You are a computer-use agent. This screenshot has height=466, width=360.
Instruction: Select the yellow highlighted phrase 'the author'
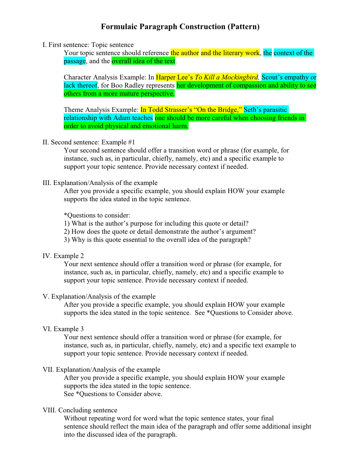pos(185,53)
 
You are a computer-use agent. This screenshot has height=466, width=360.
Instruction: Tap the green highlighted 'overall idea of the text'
pos(143,61)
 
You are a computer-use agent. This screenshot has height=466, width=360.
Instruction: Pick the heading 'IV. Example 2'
pos(63,256)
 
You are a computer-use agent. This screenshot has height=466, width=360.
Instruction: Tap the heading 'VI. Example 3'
pos(63,329)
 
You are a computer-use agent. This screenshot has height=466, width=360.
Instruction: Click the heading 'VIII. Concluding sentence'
pos(80,410)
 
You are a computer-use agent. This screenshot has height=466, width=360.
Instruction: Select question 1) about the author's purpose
pos(156,223)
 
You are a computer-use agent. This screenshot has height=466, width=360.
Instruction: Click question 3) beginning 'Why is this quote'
pos(157,240)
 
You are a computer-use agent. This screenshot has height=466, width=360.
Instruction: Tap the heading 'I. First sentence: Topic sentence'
pos(88,45)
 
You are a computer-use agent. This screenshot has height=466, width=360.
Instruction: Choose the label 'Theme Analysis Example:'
pos(101,110)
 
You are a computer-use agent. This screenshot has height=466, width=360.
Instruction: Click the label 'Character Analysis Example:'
pos(105,77)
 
